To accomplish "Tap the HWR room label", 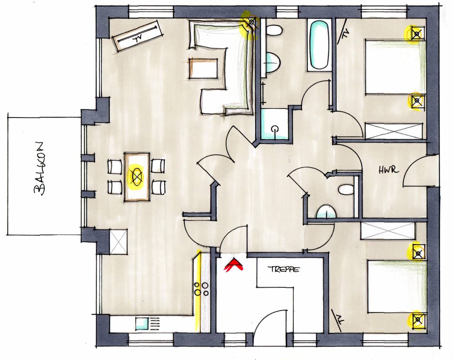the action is coord(389,170).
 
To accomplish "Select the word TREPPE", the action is coord(284,269).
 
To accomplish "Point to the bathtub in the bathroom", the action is coord(319,45).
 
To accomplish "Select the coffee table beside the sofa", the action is coord(203,68).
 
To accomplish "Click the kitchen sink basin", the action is coord(142,323).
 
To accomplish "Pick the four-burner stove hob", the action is coord(201,289).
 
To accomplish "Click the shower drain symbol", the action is coord(274,129).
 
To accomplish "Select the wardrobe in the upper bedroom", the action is coord(394,131).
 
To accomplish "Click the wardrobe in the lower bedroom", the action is coord(388,231).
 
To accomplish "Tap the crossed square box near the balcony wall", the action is coord(118,242).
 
